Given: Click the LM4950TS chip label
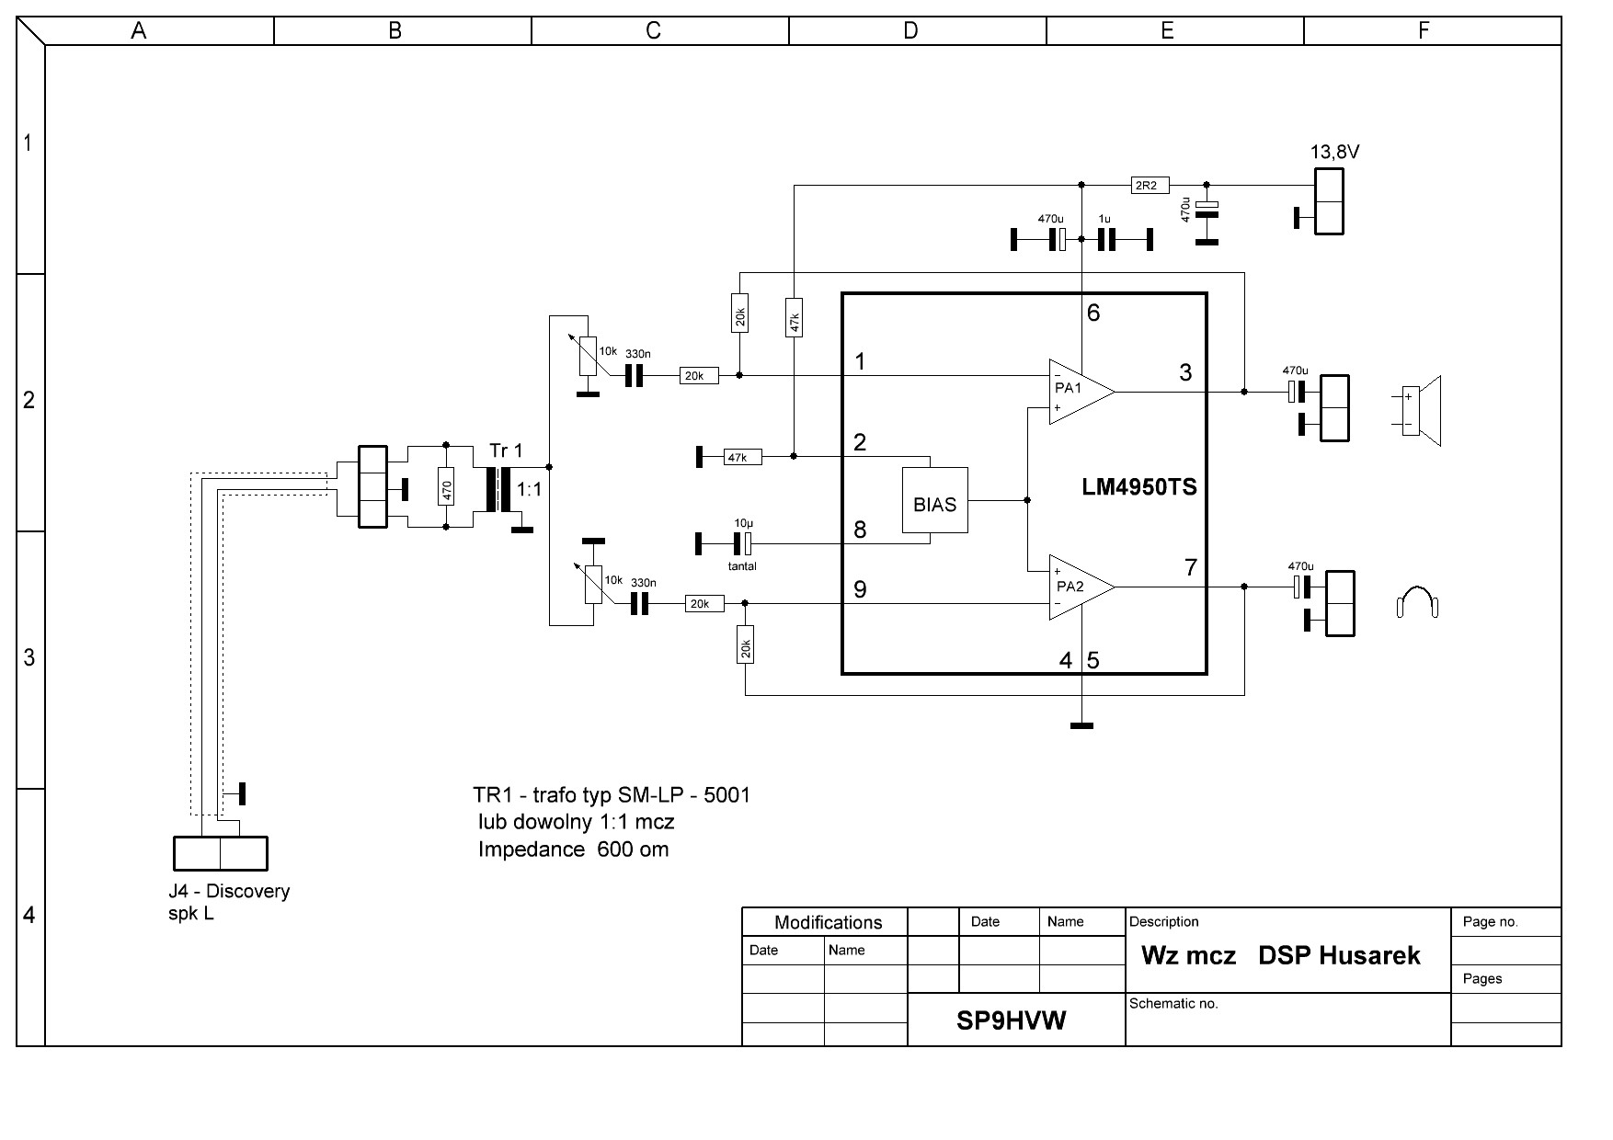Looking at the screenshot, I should pyautogui.click(x=1139, y=487).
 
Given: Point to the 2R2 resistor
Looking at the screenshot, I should pyautogui.click(x=1146, y=185).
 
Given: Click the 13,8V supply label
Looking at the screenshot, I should pyautogui.click(x=1334, y=153).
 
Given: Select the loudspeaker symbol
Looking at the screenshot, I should pyautogui.click(x=1420, y=410).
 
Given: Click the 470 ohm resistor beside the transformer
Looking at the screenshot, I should pyautogui.click(x=446, y=487).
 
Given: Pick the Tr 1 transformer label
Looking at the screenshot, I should pyautogui.click(x=506, y=450).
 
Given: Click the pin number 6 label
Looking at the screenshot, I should pyautogui.click(x=1093, y=313).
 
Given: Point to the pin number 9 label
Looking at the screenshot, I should pyautogui.click(x=860, y=589).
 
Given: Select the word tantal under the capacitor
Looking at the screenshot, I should pyautogui.click(x=742, y=566).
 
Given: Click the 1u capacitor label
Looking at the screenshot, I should pyautogui.click(x=1104, y=220).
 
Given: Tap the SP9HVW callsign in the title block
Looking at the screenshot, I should pyautogui.click(x=1011, y=1020).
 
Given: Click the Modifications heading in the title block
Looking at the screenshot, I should pyautogui.click(x=828, y=922).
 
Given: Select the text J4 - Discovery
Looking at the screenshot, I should pyautogui.click(x=229, y=891).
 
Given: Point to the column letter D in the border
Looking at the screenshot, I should pyautogui.click(x=910, y=31).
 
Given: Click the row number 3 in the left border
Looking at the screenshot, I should pyautogui.click(x=29, y=657).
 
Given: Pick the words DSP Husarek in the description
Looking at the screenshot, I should pyautogui.click(x=1339, y=955).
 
